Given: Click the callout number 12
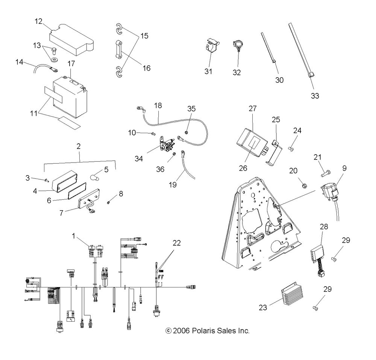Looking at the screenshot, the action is point(38,21).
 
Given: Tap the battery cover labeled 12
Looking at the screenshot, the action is point(72,39).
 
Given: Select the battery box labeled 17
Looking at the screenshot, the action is point(70,97).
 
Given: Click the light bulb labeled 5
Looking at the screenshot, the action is point(94,178).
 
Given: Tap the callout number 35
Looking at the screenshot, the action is point(191,109).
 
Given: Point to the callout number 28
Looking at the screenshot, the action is point(324,226).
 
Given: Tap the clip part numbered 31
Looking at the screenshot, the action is point(212,46).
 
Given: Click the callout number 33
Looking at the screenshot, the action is point(315,96).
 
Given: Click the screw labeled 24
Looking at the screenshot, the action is point(291,149).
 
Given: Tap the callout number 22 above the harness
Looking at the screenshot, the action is point(176,243).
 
